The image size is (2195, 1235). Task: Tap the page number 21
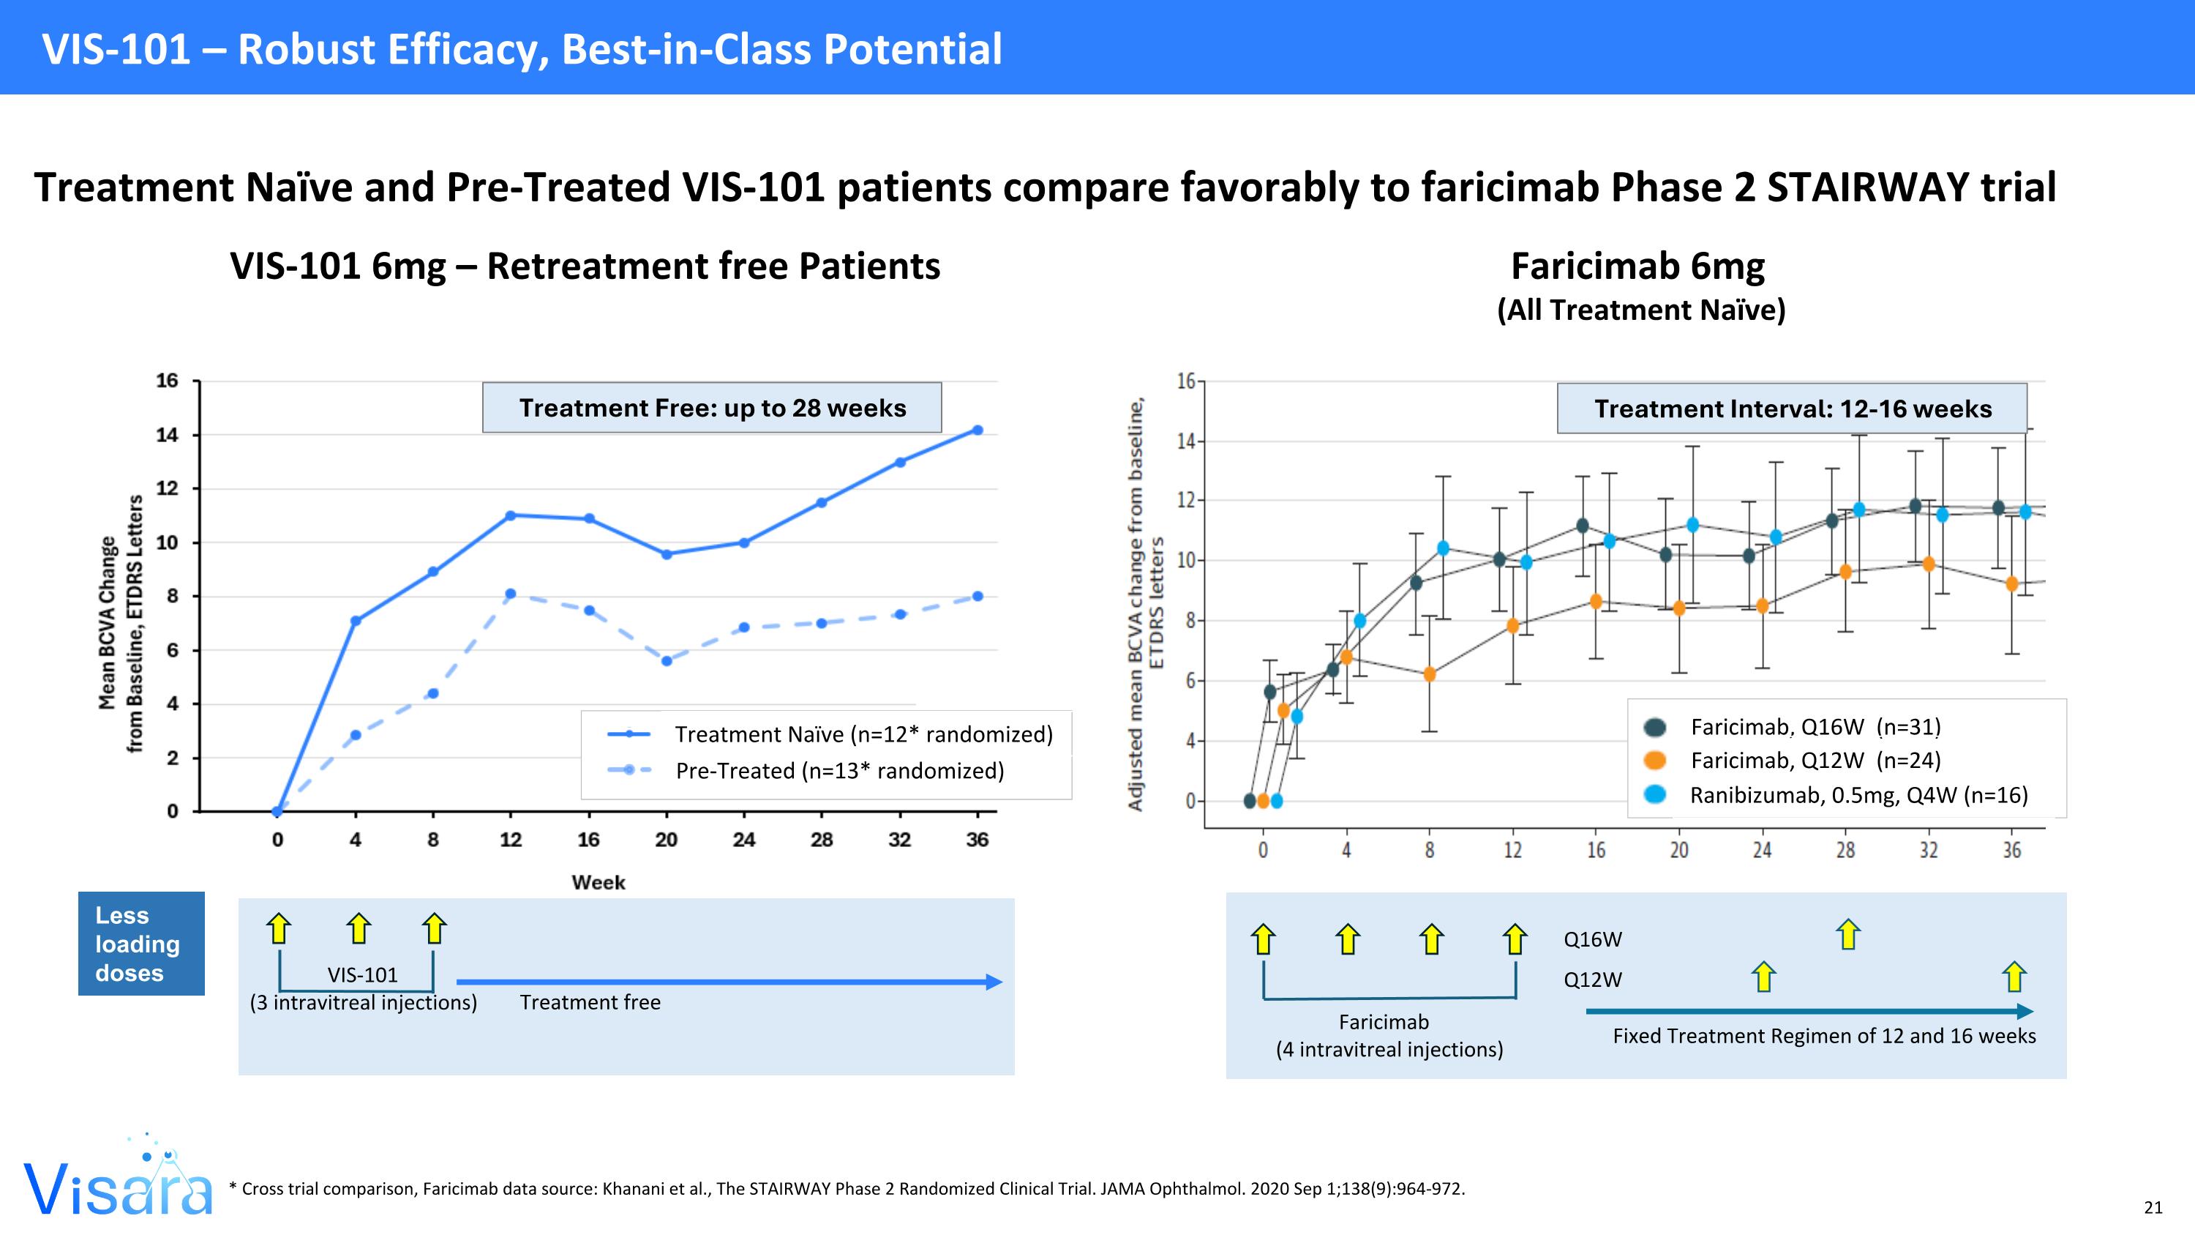[x=2153, y=1207]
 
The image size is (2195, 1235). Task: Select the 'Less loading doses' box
[x=141, y=944]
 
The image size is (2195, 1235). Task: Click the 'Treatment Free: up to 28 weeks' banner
[x=713, y=408]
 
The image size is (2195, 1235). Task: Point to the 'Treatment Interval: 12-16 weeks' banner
[x=1792, y=409]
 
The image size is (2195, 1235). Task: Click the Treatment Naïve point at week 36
[x=978, y=430]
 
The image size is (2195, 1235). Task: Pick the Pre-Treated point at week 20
[x=667, y=660]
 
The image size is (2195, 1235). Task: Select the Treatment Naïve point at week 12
[x=511, y=515]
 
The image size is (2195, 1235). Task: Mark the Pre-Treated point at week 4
[x=356, y=735]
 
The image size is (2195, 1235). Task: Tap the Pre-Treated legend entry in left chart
[x=839, y=770]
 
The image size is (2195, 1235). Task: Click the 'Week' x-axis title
[x=599, y=882]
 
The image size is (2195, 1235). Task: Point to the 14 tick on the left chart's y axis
[x=167, y=435]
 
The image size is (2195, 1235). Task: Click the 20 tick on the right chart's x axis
[x=1678, y=850]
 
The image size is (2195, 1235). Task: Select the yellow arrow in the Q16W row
[x=1847, y=934]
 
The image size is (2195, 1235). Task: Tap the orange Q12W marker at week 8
[x=1430, y=674]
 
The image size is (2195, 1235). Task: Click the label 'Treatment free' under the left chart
[x=590, y=1002]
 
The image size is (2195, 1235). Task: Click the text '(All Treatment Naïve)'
[x=1641, y=310]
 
